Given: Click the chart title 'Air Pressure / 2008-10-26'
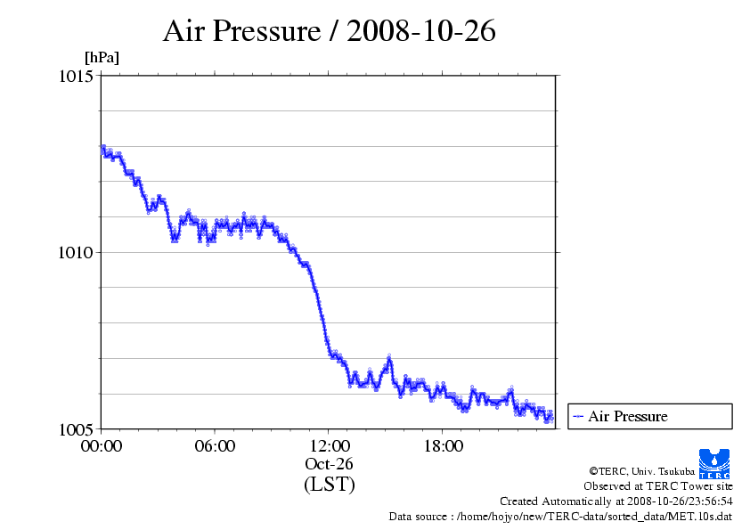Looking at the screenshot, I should pos(329,31).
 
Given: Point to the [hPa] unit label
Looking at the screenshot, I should pos(102,58).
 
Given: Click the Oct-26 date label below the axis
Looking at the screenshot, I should pos(329,464).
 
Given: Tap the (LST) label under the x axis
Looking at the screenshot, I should pos(329,485).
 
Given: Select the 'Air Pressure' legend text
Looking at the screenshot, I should pos(627,416).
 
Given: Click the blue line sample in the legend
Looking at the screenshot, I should pos(577,416).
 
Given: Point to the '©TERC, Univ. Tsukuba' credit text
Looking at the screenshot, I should pos(660,470).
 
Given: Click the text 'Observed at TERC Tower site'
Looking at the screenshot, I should pos(657,486).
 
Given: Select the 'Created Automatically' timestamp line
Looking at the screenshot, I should pos(615,501).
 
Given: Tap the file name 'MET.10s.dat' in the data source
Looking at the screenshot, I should pos(702,517).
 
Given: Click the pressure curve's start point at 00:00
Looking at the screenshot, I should pos(102,147).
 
